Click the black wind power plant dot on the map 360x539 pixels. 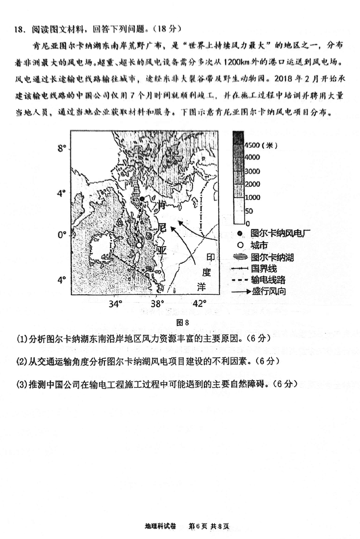click(x=142, y=199)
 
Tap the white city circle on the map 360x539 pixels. click(x=139, y=245)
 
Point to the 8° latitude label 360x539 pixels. click(x=61, y=148)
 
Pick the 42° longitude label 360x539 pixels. click(x=200, y=303)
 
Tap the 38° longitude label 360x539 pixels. click(x=158, y=303)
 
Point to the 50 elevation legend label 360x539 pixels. click(x=249, y=211)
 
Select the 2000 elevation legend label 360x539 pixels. click(x=252, y=184)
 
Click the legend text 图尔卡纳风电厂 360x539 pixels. click(x=280, y=233)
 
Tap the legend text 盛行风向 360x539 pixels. click(x=269, y=291)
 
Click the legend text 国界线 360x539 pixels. click(x=264, y=269)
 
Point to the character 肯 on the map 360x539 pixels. click(x=162, y=205)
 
